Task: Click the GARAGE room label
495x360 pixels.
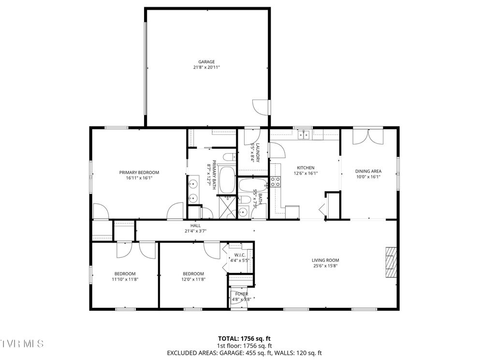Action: coord(206,62)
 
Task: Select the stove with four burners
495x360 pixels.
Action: coord(275,182)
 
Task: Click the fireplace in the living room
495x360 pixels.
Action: coord(391,263)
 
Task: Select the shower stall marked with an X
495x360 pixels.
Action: coord(226,207)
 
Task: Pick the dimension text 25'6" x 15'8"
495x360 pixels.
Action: coord(325,266)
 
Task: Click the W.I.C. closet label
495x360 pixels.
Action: coord(240,255)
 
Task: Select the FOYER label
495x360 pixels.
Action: coord(241,294)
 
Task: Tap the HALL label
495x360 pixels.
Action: coord(195,225)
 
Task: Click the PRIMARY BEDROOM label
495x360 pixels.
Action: coord(139,173)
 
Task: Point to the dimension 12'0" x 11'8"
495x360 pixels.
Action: coord(193,279)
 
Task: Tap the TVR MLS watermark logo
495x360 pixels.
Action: coord(22,344)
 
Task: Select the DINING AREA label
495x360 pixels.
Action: coord(368,171)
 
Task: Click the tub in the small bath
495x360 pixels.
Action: coord(253,185)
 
